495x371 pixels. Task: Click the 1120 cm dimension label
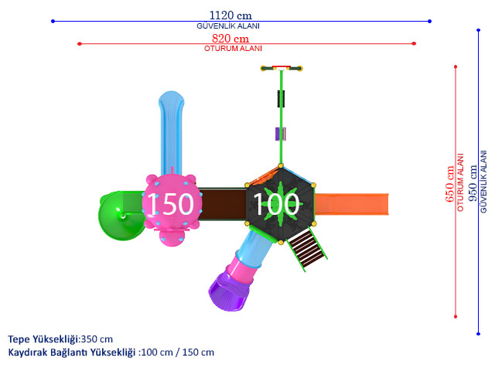coord(230,15)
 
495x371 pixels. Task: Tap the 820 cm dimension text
coord(230,39)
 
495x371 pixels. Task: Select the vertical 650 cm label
coord(449,184)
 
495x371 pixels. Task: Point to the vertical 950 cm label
coord(473,183)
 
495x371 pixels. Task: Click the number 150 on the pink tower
coord(170,204)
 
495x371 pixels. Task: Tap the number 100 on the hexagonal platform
coord(276,204)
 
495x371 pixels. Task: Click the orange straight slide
coord(351,204)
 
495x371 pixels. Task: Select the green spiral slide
coord(121,216)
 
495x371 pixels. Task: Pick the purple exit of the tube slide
coord(229,292)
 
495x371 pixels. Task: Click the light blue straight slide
coord(172,132)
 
